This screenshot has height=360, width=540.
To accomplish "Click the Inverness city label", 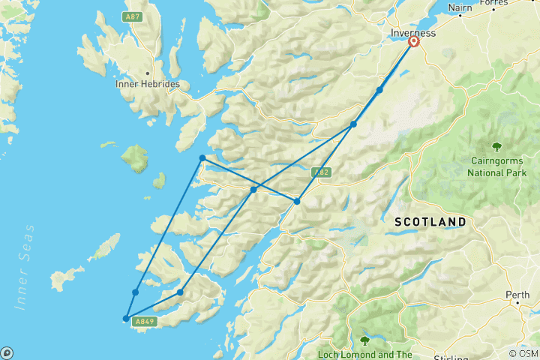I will [413, 34].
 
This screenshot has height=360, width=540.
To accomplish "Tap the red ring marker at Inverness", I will [413, 42].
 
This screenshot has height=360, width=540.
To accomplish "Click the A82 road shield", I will [320, 172].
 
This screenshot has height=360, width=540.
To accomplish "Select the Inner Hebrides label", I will [148, 84].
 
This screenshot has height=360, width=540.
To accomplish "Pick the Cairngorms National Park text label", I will [496, 166].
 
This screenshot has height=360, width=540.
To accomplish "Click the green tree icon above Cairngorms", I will [496, 146].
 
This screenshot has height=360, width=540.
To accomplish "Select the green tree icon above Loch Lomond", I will [364, 340].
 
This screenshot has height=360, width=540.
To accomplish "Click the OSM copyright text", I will [523, 353].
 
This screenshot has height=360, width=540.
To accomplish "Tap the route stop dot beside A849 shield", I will [126, 319].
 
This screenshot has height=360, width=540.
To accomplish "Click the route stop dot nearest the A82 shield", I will [297, 201].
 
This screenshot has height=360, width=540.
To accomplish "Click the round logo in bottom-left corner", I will [7, 352].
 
